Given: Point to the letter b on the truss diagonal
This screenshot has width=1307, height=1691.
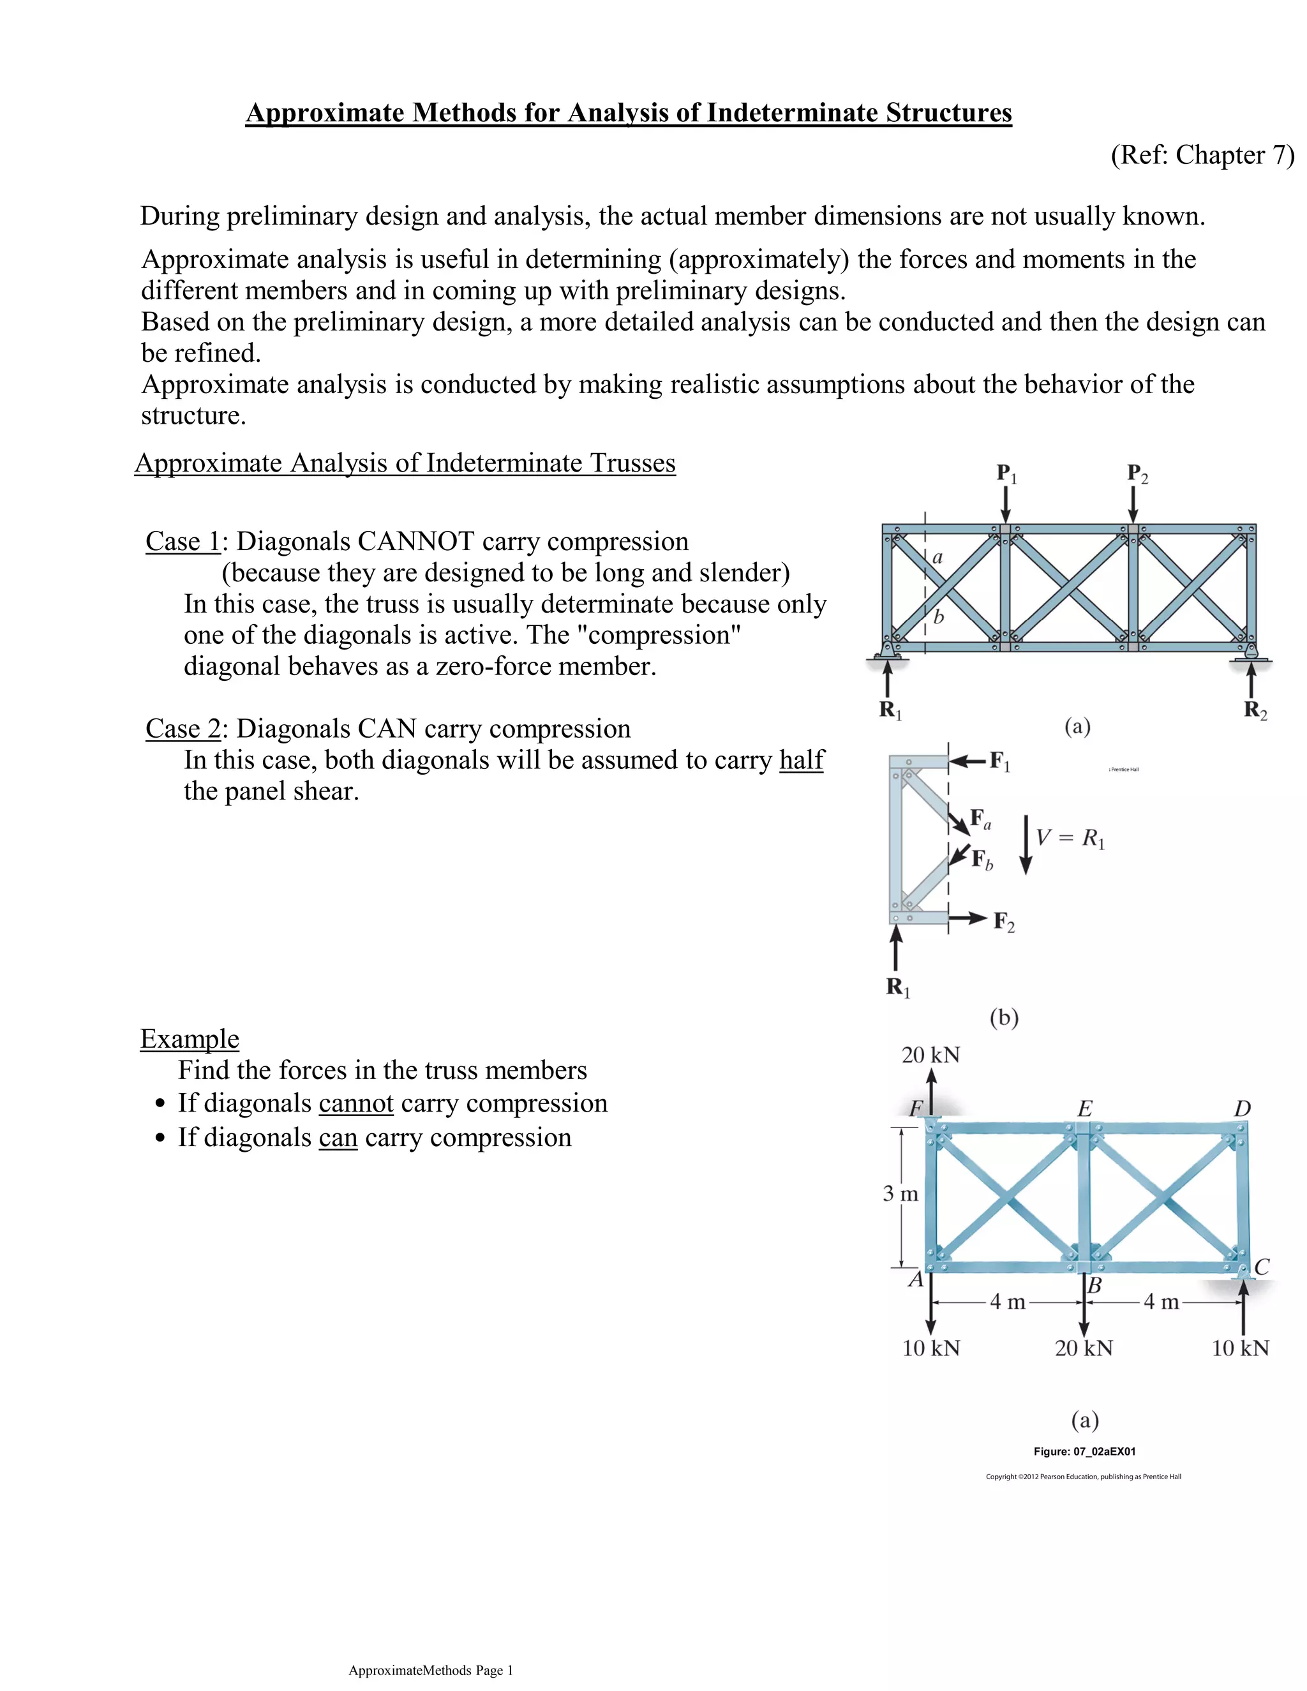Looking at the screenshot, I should tap(938, 617).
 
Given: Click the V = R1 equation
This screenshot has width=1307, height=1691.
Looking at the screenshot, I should tap(1070, 838).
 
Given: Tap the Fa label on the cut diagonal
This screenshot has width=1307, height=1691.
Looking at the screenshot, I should tap(981, 819).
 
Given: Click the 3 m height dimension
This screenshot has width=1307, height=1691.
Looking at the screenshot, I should tap(900, 1193).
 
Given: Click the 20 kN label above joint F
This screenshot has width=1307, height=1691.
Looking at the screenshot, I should tap(930, 1055).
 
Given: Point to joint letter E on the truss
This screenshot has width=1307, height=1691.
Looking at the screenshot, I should tap(1085, 1109).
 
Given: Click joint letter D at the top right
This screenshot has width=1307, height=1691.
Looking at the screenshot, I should tap(1242, 1109).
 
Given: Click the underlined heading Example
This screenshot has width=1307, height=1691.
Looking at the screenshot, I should tap(190, 1038).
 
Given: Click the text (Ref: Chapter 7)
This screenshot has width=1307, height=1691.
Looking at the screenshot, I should tap(1202, 155).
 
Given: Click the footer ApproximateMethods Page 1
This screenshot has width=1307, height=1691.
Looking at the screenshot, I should tap(431, 1670).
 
